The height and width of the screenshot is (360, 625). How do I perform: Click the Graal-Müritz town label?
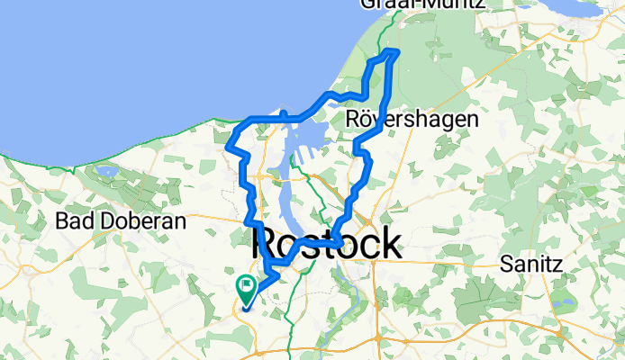tap(422, 4)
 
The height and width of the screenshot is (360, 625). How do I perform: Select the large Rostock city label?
tap(327, 243)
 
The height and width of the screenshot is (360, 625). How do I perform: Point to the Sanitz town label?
tap(531, 265)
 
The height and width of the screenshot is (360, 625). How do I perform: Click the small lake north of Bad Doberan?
tap(106, 170)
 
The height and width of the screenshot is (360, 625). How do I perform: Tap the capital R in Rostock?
tap(267, 243)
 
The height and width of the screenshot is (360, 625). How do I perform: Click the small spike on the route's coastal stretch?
tap(283, 112)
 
